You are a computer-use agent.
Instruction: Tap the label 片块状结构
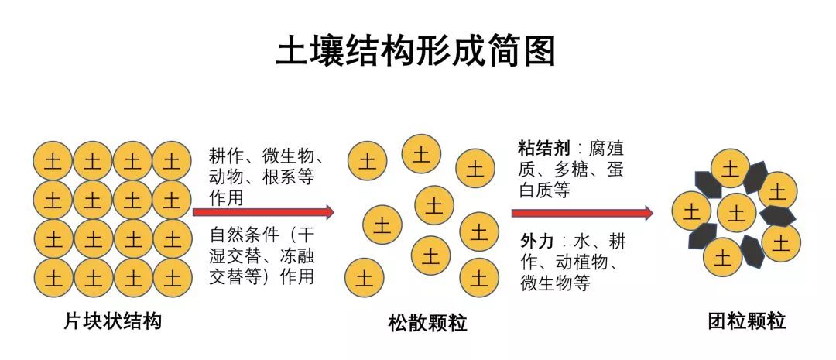(x=113, y=321)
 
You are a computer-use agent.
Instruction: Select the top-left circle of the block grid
(x=53, y=161)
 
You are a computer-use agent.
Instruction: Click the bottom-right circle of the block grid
(x=171, y=276)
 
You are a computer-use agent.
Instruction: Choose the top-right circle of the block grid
(x=171, y=161)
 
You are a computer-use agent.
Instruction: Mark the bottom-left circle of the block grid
(x=53, y=276)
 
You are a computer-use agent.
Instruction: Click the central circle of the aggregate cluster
(x=736, y=211)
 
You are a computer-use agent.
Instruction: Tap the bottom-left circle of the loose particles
(x=365, y=276)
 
